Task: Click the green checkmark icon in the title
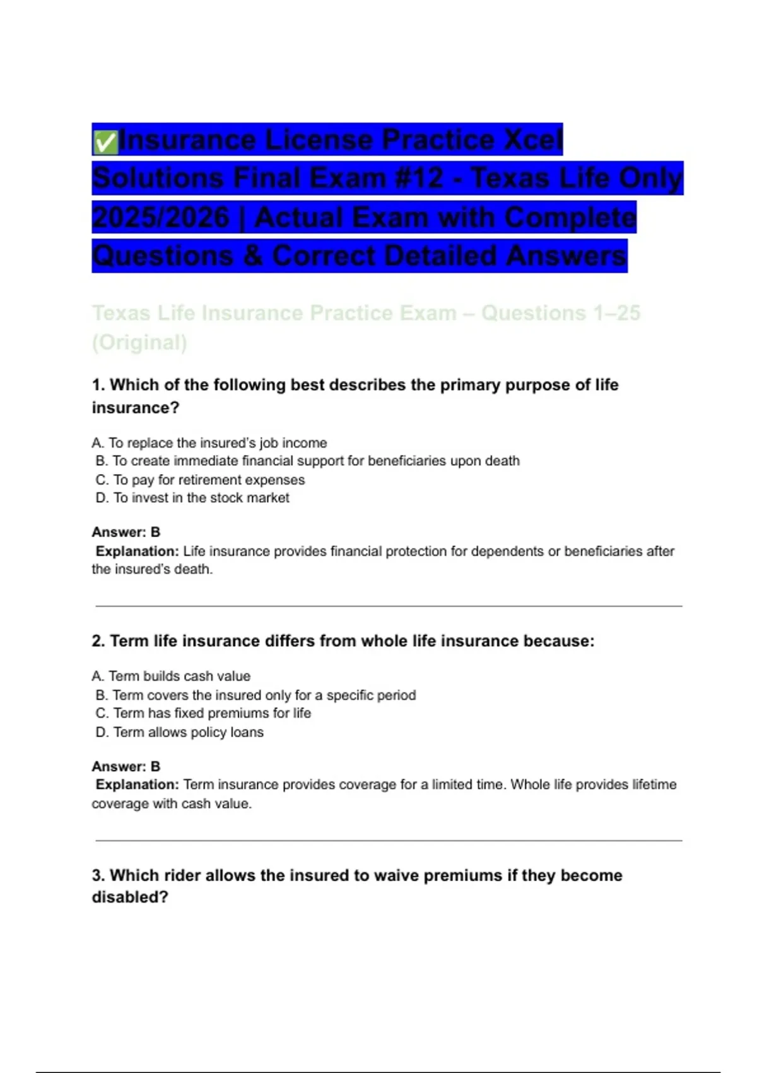[105, 141]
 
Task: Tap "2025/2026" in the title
[161, 218]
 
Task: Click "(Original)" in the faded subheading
[139, 342]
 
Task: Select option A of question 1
[209, 443]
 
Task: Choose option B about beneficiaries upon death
[308, 461]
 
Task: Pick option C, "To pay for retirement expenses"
[201, 480]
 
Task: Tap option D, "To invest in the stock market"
[192, 498]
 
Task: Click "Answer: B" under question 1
[126, 532]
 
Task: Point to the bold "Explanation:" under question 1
[138, 551]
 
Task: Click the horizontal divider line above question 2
[389, 607]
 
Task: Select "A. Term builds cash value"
[171, 676]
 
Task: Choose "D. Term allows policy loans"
[180, 732]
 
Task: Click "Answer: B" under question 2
[126, 766]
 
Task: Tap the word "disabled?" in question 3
[130, 897]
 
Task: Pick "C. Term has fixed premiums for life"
[203, 713]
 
